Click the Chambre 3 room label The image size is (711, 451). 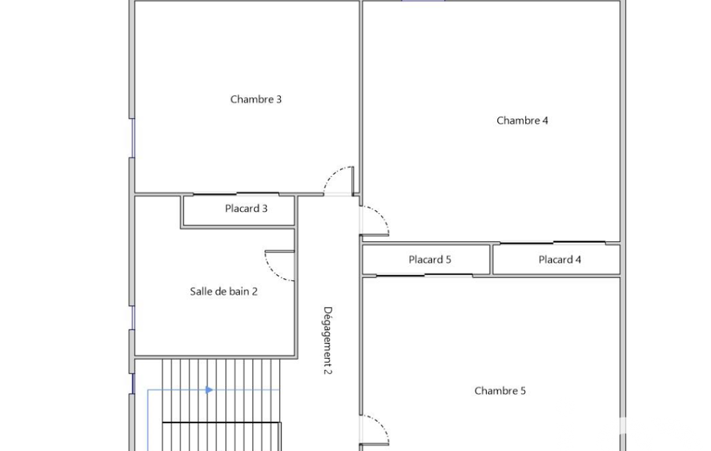pyautogui.click(x=256, y=99)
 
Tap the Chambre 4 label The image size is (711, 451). pyautogui.click(x=522, y=121)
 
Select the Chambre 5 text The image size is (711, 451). pyautogui.click(x=500, y=391)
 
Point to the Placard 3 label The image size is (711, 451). pyautogui.click(x=246, y=209)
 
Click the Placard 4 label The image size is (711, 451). pyautogui.click(x=560, y=260)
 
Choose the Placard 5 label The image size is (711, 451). pyautogui.click(x=430, y=260)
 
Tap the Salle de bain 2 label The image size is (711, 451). pyautogui.click(x=223, y=291)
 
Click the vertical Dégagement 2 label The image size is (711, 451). pyautogui.click(x=328, y=340)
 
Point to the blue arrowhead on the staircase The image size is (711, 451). pyautogui.click(x=209, y=390)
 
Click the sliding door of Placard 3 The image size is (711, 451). pyautogui.click(x=237, y=194)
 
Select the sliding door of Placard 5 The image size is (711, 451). pyautogui.click(x=425, y=275)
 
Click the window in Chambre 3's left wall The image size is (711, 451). pyautogui.click(x=133, y=138)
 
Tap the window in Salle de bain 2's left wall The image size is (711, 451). pyautogui.click(x=133, y=318)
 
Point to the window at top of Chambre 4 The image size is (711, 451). pyautogui.click(x=423, y=1)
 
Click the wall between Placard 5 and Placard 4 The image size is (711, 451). pyautogui.click(x=492, y=259)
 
